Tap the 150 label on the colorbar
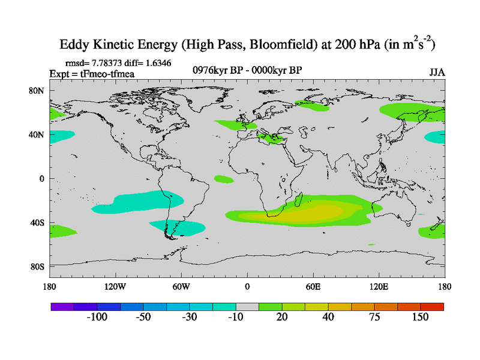[x=419, y=317]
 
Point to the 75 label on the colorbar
[x=374, y=317]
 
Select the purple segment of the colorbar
[x=62, y=306]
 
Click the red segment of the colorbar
[x=432, y=306]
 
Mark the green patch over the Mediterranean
[x=272, y=139]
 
